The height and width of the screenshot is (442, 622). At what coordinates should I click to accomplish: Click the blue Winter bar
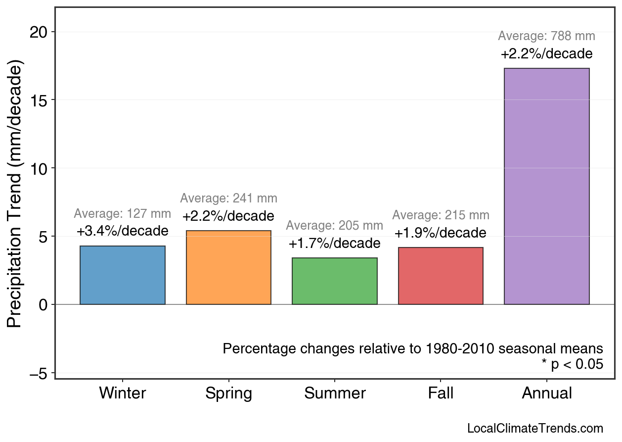pyautogui.click(x=123, y=275)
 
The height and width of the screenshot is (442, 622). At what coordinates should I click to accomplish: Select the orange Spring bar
pyautogui.click(x=228, y=267)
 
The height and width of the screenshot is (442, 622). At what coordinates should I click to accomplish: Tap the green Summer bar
pyautogui.click(x=335, y=281)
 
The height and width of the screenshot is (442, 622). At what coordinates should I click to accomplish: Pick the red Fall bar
pyautogui.click(x=441, y=276)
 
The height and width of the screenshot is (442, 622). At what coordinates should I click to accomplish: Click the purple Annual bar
pyautogui.click(x=546, y=186)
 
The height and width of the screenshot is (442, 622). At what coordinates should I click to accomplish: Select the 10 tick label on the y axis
pyautogui.click(x=39, y=168)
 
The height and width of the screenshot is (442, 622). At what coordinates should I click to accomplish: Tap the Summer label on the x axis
pyautogui.click(x=335, y=393)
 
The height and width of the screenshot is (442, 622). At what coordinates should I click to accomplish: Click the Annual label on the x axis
pyautogui.click(x=546, y=393)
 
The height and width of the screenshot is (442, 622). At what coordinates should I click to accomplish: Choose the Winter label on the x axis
pyautogui.click(x=123, y=393)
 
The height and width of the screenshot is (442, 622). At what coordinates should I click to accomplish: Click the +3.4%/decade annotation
pyautogui.click(x=123, y=231)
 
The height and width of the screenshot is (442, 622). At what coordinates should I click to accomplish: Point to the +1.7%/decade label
pyautogui.click(x=335, y=244)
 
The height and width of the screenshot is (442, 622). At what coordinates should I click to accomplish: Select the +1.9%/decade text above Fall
pyautogui.click(x=441, y=233)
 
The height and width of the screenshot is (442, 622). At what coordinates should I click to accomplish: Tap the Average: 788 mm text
pyautogui.click(x=546, y=36)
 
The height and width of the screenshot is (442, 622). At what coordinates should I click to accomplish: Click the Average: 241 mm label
pyautogui.click(x=228, y=198)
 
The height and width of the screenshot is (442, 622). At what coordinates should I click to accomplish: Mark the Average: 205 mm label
pyautogui.click(x=335, y=226)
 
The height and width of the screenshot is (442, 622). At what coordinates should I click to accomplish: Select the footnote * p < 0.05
pyautogui.click(x=572, y=365)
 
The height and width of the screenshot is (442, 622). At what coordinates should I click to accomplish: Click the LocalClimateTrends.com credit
pyautogui.click(x=535, y=429)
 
